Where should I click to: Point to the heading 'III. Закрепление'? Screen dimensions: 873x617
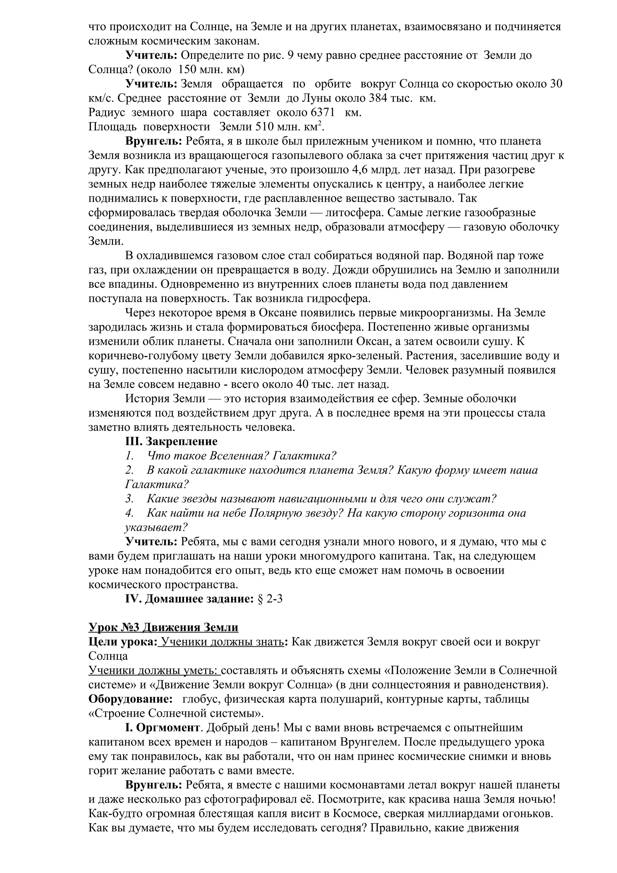[171, 441]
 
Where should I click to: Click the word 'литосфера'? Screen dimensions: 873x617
[354, 213]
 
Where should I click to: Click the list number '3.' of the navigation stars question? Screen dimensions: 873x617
[129, 499]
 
